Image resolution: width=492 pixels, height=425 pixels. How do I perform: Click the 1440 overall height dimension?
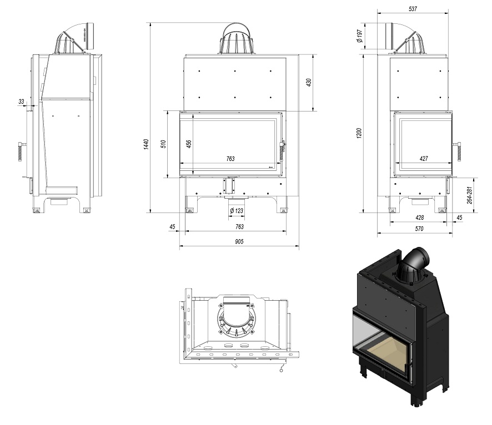[x=146, y=144]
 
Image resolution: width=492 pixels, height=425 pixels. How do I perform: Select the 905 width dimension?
[x=239, y=241]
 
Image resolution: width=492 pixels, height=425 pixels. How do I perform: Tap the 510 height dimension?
[x=163, y=144]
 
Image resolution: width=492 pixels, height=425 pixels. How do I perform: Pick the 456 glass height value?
[x=189, y=143]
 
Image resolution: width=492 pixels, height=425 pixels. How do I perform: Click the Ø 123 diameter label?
[x=236, y=211]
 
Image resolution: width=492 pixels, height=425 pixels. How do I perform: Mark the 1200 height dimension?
[x=359, y=133]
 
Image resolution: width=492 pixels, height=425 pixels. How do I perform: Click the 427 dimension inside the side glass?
[x=423, y=159]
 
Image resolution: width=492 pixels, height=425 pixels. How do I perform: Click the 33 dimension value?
[x=21, y=102]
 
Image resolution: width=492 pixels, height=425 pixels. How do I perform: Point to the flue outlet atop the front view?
[x=237, y=39]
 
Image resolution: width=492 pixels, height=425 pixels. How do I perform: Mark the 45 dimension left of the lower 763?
[x=172, y=226]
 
